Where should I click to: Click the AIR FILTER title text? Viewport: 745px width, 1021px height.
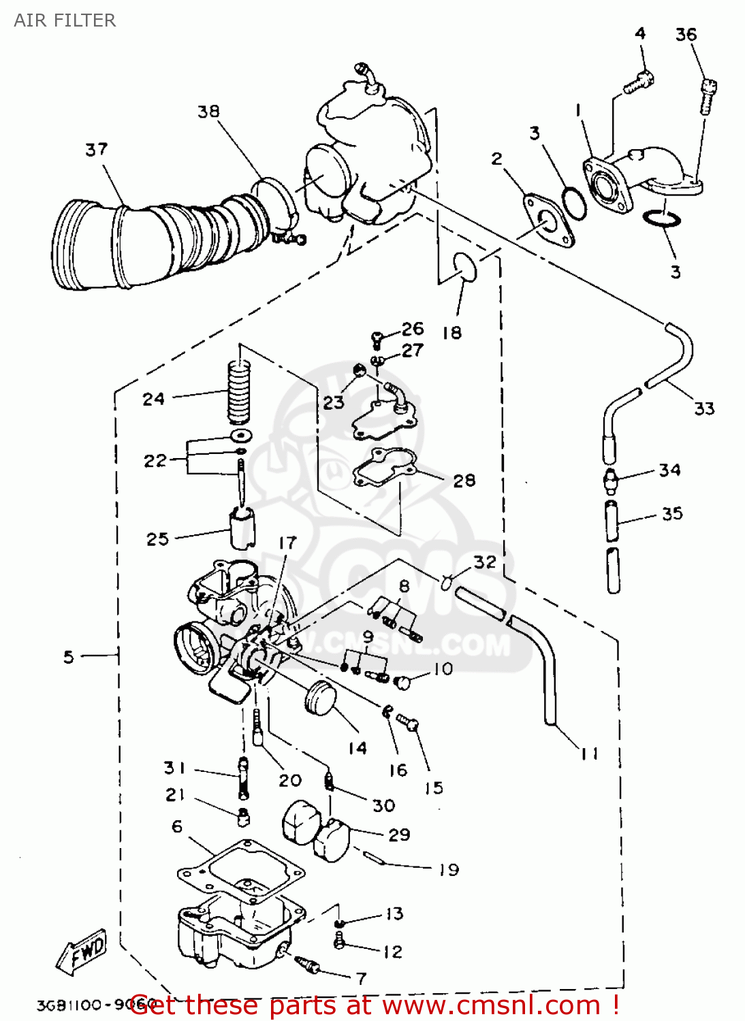coord(65,20)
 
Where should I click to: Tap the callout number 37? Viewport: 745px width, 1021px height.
coord(96,149)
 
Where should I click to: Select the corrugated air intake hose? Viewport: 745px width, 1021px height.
coord(157,238)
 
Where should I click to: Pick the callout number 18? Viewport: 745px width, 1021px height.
coord(451,333)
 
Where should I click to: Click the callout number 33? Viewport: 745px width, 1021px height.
coord(704,408)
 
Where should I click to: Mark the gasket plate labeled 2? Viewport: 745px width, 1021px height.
coord(548,221)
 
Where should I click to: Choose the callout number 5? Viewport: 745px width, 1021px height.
coord(68,657)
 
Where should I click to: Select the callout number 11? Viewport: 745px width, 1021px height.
coord(590,753)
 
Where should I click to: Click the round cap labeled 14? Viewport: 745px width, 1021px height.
coord(321,697)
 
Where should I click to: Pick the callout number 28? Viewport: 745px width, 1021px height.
coord(464,481)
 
